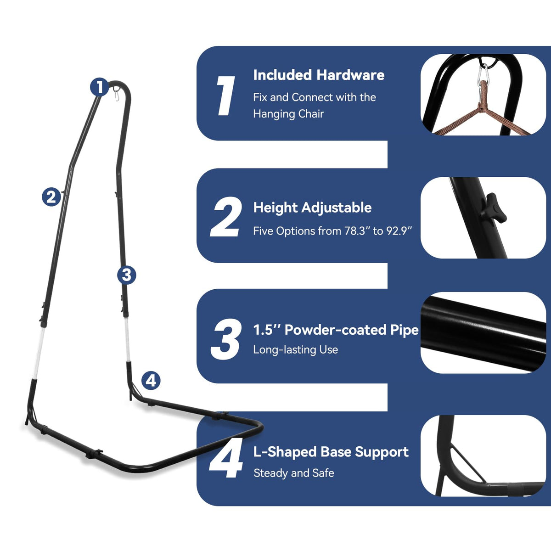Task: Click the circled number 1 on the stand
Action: click(x=100, y=87)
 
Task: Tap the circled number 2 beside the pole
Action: click(x=51, y=197)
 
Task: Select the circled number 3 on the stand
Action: click(x=127, y=275)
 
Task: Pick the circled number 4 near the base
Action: click(x=151, y=381)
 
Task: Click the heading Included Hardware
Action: click(x=319, y=75)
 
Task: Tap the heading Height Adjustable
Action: click(x=313, y=208)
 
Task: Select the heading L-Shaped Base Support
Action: click(x=331, y=452)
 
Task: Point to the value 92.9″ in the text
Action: click(x=399, y=231)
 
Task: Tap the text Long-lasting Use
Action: click(x=296, y=350)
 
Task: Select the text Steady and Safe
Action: click(x=294, y=473)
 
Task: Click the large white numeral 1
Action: click(x=226, y=96)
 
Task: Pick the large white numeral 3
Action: click(x=225, y=339)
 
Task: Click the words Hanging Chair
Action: click(x=288, y=114)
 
